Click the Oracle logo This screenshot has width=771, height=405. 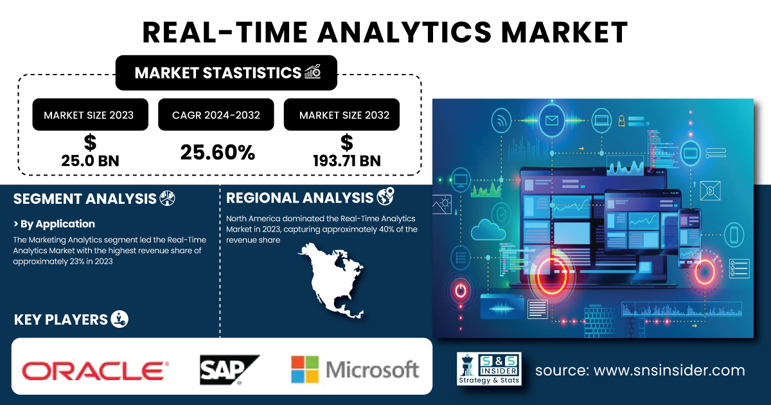[95, 370]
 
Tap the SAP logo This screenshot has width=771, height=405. [229, 370]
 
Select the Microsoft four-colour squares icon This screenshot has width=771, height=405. [305, 370]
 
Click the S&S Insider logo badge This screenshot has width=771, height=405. [489, 369]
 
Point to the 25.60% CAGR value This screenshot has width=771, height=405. [218, 152]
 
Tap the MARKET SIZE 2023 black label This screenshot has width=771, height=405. [90, 114]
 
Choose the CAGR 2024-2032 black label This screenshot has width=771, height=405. [216, 114]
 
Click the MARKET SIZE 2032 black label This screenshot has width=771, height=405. [341, 114]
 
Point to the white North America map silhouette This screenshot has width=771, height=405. [332, 280]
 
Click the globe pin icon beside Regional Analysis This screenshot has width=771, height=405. [385, 196]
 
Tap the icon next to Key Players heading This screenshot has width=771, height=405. [120, 319]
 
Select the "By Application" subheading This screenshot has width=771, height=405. [54, 224]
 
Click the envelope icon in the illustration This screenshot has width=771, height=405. [552, 121]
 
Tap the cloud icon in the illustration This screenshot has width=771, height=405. [488, 230]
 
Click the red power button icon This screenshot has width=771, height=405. [461, 291]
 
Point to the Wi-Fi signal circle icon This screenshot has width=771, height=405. [502, 121]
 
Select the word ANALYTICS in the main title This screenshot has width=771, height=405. [404, 32]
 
